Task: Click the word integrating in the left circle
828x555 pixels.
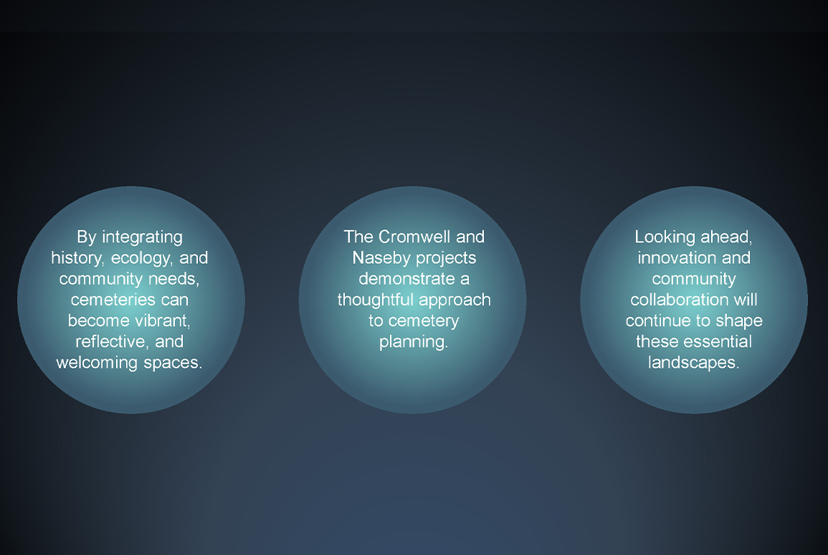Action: coord(142,237)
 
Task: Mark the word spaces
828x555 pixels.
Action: coord(173,364)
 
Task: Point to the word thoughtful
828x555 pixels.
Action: coord(374,300)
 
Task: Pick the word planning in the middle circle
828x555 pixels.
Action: coord(414,342)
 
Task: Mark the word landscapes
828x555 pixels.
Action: coord(693,364)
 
